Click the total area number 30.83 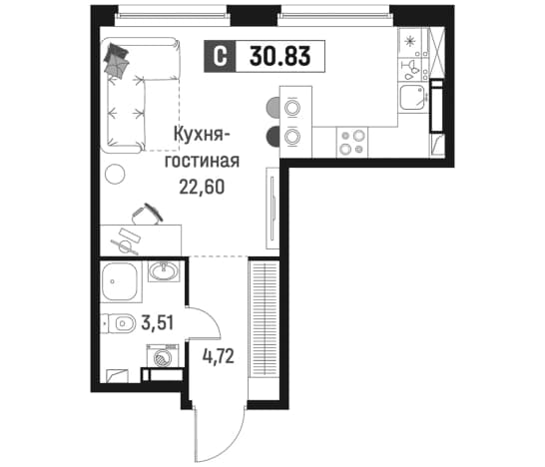[280, 56]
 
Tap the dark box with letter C [220, 56]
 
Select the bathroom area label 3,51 [157, 322]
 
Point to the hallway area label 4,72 [219, 356]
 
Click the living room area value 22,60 [202, 188]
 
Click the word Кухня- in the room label [198, 135]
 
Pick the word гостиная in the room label [202, 162]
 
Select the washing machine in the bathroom [163, 356]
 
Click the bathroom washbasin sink [164, 270]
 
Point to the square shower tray [120, 282]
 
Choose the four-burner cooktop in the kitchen [352, 143]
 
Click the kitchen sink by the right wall [412, 98]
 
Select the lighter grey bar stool [272, 108]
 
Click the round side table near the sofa [115, 174]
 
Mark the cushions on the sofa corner [117, 60]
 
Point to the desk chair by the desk [147, 214]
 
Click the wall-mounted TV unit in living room [272, 209]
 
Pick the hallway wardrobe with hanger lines [265, 318]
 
